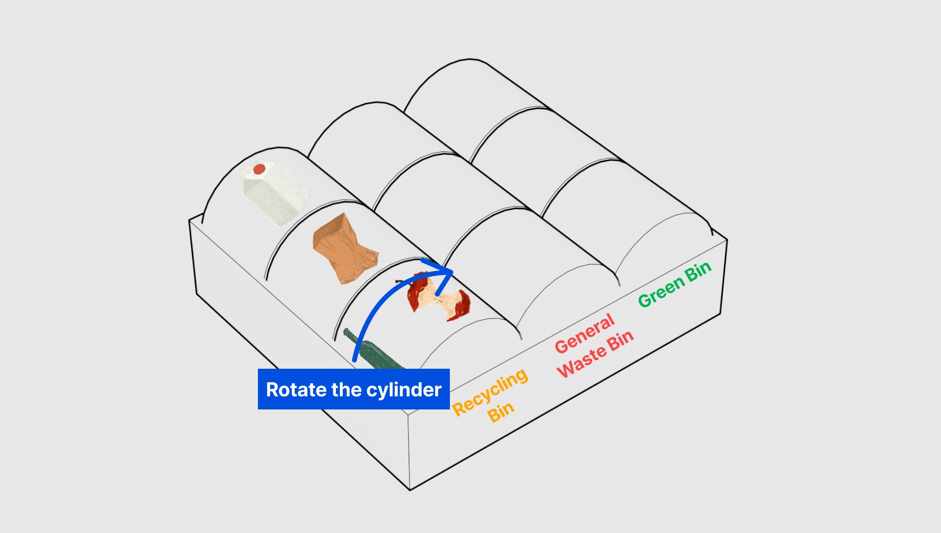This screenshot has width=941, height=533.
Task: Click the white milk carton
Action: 275,194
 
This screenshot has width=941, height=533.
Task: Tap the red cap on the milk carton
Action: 259,169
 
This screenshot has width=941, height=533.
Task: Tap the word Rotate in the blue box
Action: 296,390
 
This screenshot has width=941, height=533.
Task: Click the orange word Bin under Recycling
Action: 500,412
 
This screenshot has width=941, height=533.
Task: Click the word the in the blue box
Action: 346,390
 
